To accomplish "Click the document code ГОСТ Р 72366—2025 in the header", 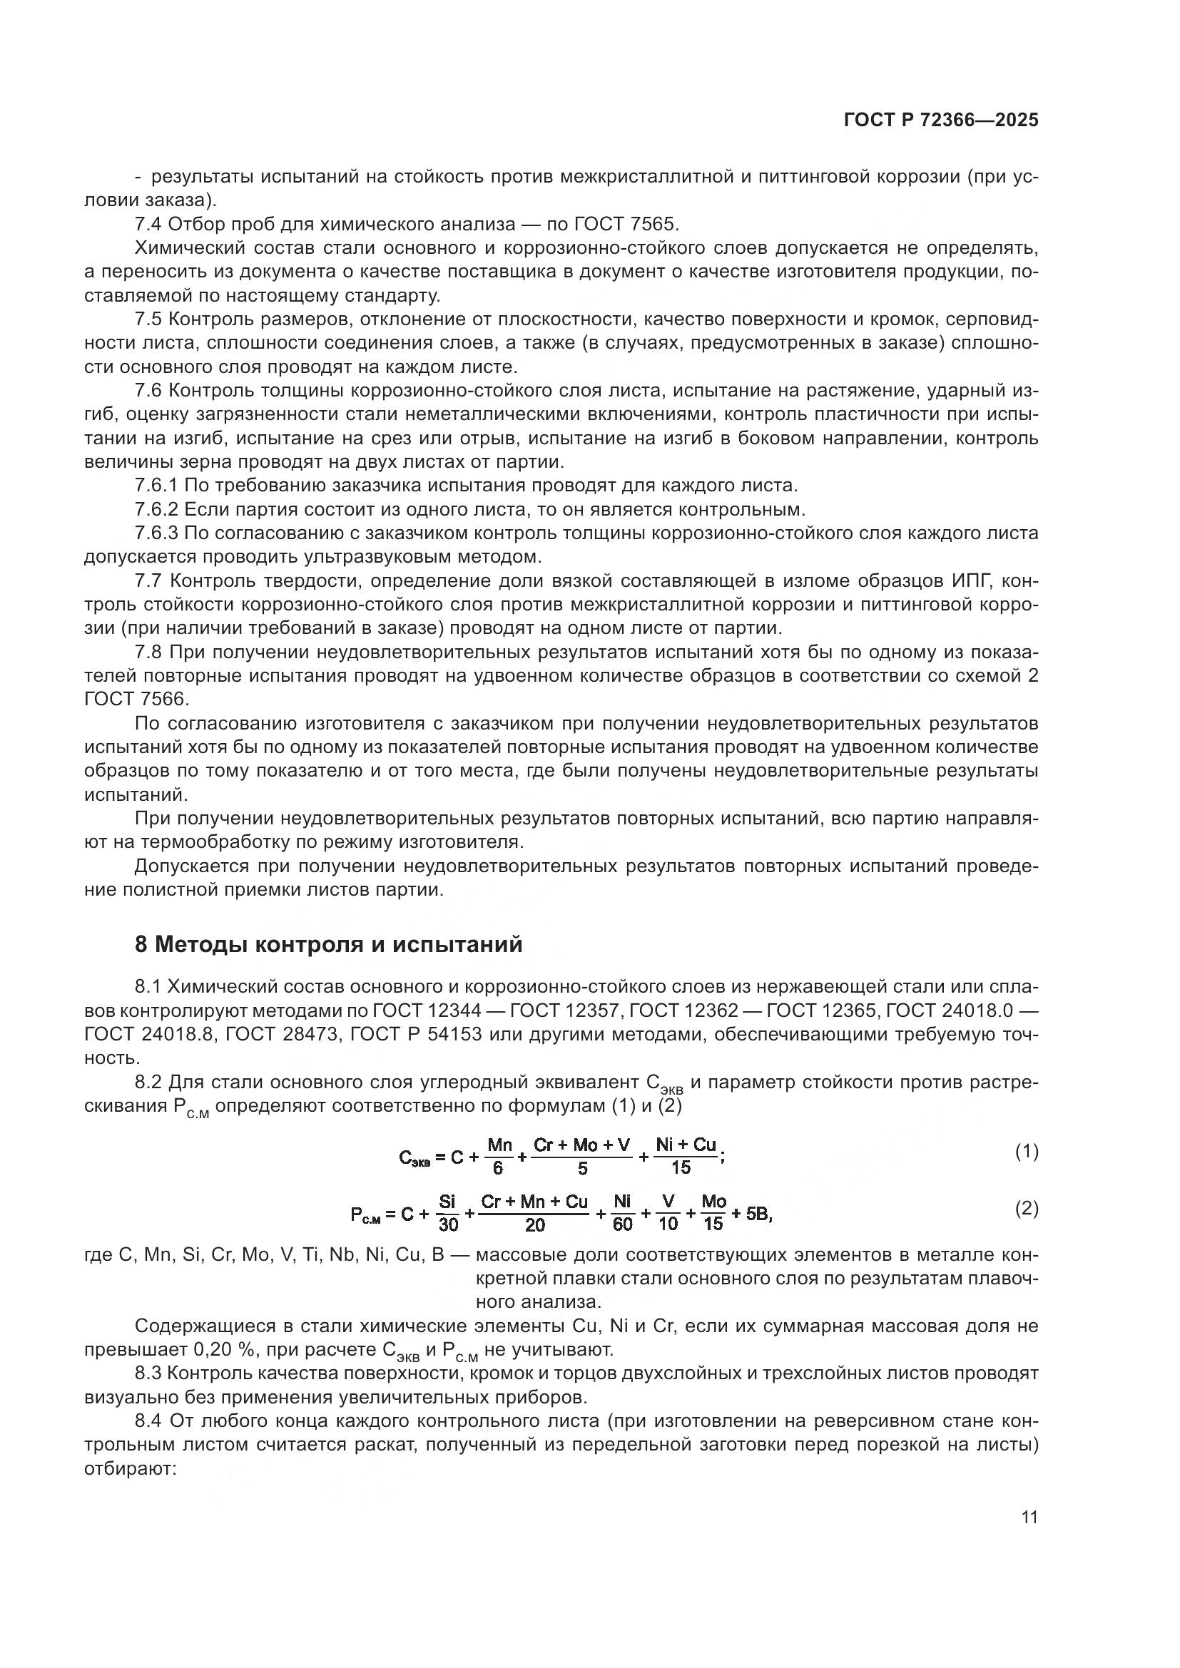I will click(x=941, y=121).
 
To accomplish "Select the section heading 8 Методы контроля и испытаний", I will click(x=328, y=944).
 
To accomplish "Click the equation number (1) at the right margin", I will click(x=1026, y=1152).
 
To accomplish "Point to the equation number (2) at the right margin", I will click(x=1026, y=1209).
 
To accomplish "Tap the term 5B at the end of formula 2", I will click(x=758, y=1214).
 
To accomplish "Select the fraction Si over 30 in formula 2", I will click(x=448, y=1214).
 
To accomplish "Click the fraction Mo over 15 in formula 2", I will click(x=713, y=1214).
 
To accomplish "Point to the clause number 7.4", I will click(x=149, y=224).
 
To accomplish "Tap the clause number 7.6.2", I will click(x=156, y=509).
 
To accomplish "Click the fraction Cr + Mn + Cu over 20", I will click(x=534, y=1214).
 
